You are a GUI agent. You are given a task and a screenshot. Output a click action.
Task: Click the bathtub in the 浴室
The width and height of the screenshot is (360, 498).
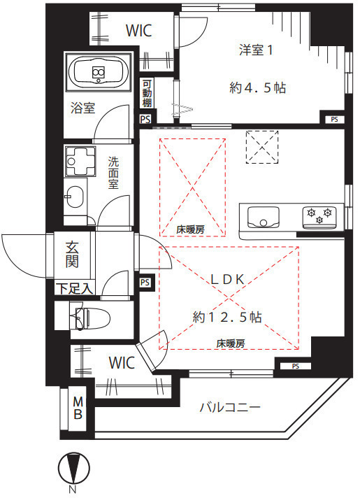(99, 73)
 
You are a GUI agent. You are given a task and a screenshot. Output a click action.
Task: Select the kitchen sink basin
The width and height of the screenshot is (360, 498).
(263, 218)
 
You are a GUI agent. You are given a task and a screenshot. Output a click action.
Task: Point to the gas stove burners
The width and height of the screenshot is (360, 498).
(319, 215)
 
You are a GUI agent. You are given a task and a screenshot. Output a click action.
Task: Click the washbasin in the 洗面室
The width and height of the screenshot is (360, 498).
(74, 197)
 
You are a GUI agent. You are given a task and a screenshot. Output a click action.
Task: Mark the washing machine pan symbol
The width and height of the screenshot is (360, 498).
(80, 162)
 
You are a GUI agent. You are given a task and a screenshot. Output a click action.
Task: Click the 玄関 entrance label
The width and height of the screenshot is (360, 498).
(72, 255)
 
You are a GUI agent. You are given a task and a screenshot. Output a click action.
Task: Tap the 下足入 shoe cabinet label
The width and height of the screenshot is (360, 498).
(75, 289)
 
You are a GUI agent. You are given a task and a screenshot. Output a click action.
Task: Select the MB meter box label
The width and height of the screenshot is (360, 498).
(78, 408)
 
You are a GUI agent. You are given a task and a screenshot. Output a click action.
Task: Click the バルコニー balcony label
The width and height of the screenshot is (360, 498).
(230, 407)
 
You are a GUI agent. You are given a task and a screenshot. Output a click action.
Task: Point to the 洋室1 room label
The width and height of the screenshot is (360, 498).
(256, 50)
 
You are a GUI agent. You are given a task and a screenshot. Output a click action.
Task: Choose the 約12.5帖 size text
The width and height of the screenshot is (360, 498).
(227, 317)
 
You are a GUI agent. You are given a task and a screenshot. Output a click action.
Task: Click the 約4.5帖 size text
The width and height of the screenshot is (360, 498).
(257, 87)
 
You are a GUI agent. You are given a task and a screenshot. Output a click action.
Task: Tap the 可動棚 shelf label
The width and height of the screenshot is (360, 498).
(147, 94)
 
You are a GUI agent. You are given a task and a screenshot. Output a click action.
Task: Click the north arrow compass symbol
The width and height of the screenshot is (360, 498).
(73, 469)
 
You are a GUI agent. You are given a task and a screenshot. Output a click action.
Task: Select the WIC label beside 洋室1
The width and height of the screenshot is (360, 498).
(138, 31)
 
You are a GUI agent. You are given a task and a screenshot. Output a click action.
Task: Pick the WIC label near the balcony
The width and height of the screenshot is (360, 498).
(122, 363)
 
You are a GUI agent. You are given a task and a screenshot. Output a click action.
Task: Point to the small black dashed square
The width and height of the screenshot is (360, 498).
(262, 147)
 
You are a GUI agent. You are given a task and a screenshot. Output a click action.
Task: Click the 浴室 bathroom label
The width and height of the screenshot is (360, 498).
(83, 108)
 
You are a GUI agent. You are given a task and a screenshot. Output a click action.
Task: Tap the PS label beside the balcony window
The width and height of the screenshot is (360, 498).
(296, 367)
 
